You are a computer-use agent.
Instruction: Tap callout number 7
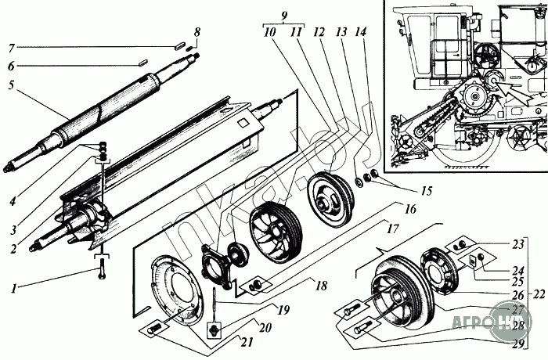tap(10, 46)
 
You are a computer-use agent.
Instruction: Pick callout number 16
tap(409, 209)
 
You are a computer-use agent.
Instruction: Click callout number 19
tap(284, 310)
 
